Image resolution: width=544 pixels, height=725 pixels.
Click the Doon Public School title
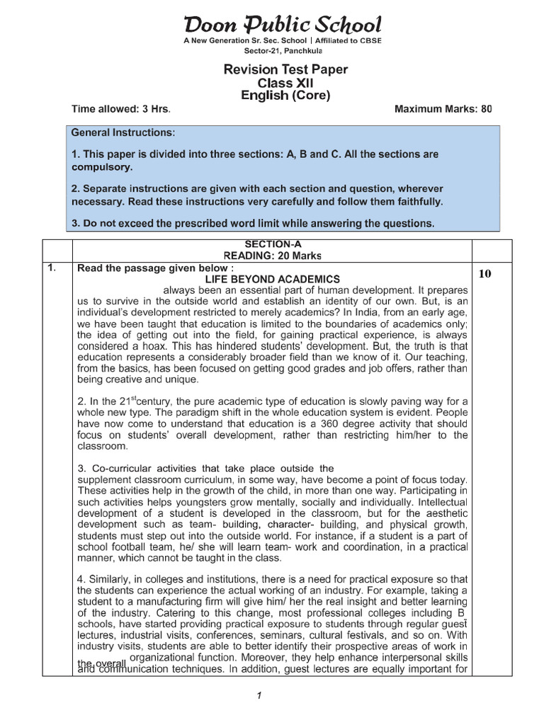tap(283, 25)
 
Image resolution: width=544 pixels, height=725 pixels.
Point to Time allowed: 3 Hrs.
tap(121, 110)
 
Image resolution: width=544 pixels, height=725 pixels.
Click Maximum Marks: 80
tap(442, 110)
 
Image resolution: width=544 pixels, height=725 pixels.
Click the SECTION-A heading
tap(272, 244)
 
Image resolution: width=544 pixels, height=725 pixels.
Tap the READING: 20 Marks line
tap(272, 255)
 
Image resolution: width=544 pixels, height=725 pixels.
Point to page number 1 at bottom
tap(259, 695)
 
